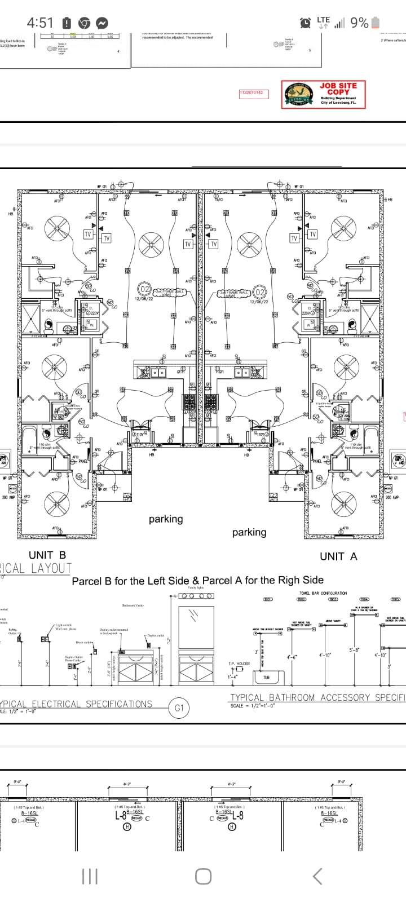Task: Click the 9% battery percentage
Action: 359,23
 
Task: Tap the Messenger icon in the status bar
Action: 102,23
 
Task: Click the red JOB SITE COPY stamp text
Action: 338,89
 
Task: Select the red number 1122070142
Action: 251,92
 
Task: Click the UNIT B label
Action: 47,555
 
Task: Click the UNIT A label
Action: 338,556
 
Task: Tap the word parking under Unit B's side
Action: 166,519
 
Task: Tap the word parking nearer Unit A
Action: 249,532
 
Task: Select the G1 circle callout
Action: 179,708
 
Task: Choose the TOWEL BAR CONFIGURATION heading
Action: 323,593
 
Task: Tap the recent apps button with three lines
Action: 90,876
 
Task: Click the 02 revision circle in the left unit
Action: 145,290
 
